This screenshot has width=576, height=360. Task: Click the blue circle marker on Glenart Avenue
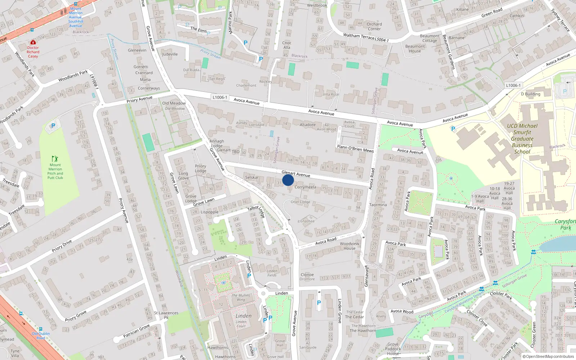click(288, 180)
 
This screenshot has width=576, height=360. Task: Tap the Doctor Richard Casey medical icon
click(33, 42)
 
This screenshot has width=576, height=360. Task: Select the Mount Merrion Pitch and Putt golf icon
click(55, 159)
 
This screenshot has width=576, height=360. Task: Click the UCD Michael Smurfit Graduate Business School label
click(522, 139)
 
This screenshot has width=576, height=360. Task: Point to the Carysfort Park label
click(566, 224)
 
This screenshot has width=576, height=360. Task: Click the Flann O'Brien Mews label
click(355, 148)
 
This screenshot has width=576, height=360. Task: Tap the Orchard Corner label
click(374, 27)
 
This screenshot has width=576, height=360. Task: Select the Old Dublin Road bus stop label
click(41, 336)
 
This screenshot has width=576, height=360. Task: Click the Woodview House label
click(350, 246)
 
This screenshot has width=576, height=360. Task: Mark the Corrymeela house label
click(305, 187)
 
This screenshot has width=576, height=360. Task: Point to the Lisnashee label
click(306, 221)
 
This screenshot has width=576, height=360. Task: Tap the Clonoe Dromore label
click(307, 276)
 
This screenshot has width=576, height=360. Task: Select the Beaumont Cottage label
click(429, 38)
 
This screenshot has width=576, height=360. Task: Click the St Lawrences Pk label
click(166, 315)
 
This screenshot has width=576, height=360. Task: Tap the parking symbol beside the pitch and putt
click(53, 126)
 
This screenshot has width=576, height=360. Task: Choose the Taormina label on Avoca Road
click(378, 205)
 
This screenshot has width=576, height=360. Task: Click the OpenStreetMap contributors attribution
click(550, 356)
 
